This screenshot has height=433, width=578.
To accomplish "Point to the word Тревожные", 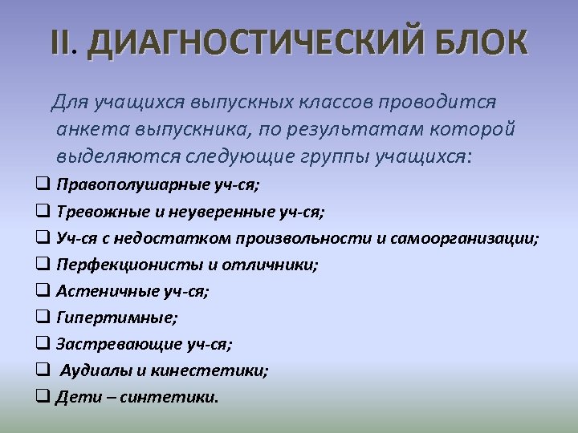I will coord(95,212).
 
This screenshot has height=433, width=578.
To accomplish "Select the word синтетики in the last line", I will coord(168,397).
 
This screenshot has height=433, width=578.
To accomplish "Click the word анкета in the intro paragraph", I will coord(90,130).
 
